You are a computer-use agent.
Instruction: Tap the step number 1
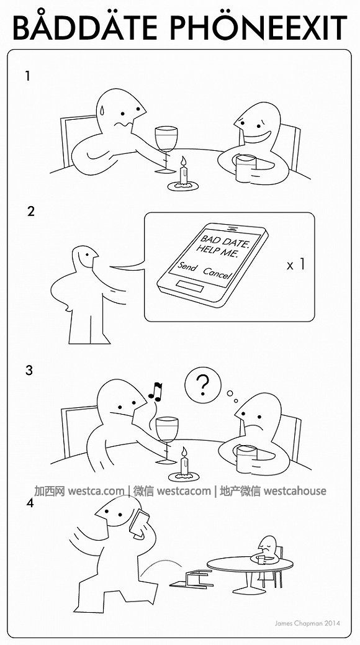pyautogui.click(x=27, y=76)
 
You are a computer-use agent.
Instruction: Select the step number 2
pyautogui.click(x=31, y=212)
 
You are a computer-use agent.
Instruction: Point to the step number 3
pyautogui.click(x=29, y=370)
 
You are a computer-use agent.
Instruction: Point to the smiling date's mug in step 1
pyautogui.click(x=246, y=168)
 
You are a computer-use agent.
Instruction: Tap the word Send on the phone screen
pyautogui.click(x=187, y=268)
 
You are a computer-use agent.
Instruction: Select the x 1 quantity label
pyautogui.click(x=296, y=265)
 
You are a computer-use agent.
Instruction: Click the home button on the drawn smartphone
pyautogui.click(x=189, y=286)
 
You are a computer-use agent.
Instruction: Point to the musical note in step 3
pyautogui.click(x=156, y=391)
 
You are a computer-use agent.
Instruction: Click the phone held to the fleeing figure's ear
pyautogui.click(x=140, y=523)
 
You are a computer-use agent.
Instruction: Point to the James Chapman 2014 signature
pyautogui.click(x=307, y=623)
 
